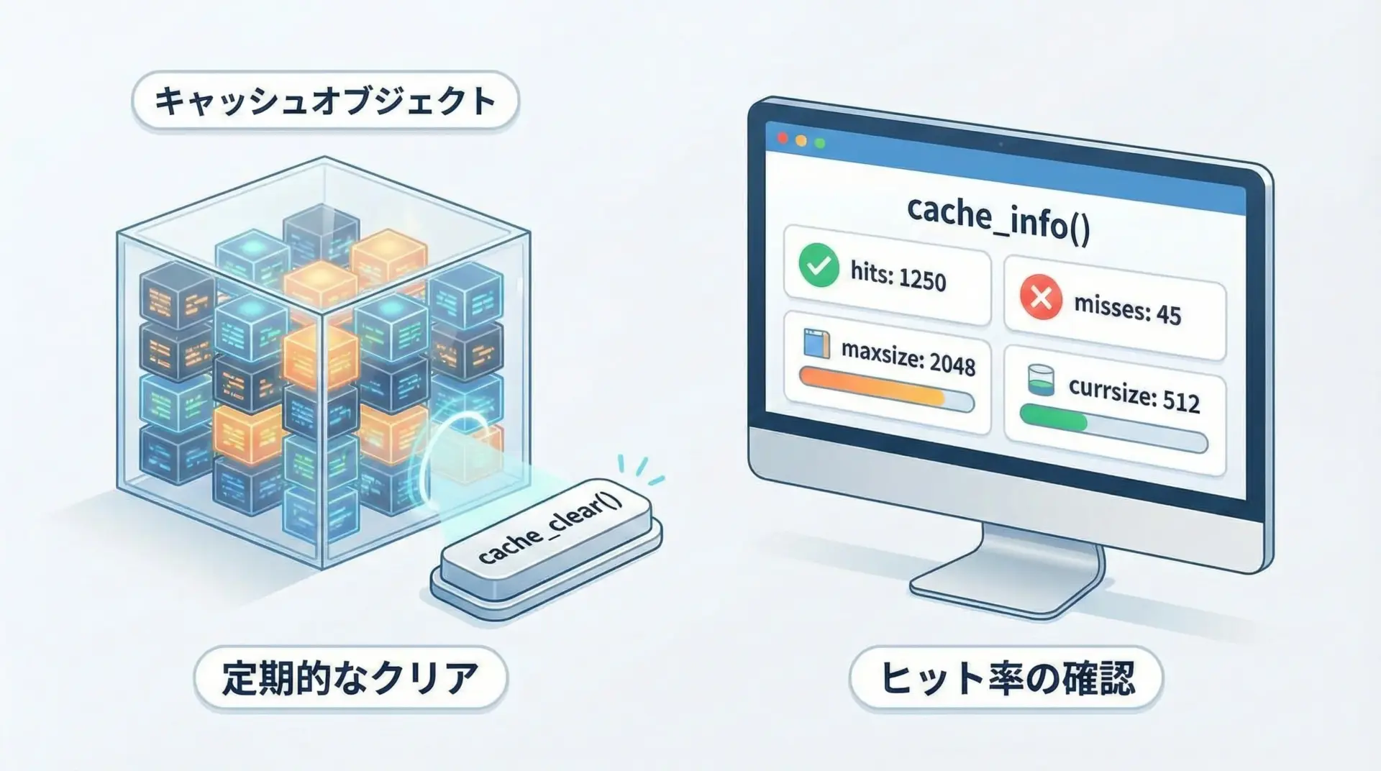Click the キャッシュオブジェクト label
click(325, 101)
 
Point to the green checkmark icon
click(819, 265)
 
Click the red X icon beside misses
click(1041, 298)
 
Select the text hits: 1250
click(898, 276)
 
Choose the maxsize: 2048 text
click(908, 357)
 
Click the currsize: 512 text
click(1134, 394)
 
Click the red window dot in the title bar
click(783, 137)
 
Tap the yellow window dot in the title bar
click(801, 140)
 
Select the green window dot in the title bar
click(819, 143)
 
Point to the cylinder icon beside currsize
click(1041, 380)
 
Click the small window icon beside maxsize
click(816, 344)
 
